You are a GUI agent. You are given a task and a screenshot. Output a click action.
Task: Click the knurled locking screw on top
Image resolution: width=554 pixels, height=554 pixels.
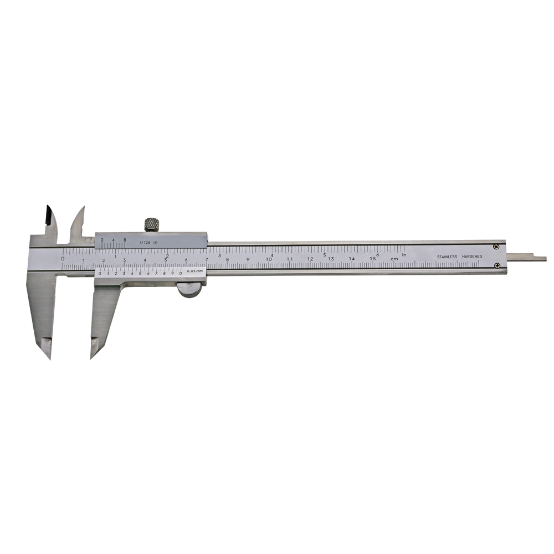(152, 224)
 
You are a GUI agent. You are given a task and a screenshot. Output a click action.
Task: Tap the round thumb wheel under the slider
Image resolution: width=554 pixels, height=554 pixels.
(190, 290)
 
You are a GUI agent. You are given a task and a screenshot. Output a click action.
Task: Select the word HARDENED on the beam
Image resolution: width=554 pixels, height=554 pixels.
(472, 257)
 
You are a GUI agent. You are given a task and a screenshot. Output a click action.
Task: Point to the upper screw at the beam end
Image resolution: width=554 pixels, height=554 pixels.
(496, 247)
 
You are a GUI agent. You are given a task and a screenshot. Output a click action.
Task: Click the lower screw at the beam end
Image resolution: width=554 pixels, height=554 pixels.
(496, 266)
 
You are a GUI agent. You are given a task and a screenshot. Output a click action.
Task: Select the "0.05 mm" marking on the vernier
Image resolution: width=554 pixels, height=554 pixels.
(195, 271)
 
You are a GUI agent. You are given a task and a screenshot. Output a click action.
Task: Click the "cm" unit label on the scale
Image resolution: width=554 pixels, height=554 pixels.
(394, 259)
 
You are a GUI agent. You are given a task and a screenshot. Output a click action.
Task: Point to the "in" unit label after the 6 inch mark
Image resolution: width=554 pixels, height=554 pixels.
(404, 254)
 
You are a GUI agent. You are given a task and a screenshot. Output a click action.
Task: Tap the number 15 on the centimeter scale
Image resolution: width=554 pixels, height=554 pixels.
(373, 259)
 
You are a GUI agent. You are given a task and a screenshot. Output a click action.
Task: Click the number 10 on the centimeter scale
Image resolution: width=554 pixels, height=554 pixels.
(269, 259)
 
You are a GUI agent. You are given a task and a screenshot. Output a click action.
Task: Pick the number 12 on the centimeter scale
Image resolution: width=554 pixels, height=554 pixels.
(310, 259)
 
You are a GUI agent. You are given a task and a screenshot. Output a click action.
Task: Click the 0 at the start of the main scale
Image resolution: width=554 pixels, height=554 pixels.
(63, 258)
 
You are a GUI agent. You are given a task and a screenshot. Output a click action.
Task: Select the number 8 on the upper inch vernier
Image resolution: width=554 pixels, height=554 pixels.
(125, 240)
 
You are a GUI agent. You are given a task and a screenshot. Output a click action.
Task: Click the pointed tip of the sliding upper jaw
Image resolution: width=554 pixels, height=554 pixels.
(83, 209)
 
